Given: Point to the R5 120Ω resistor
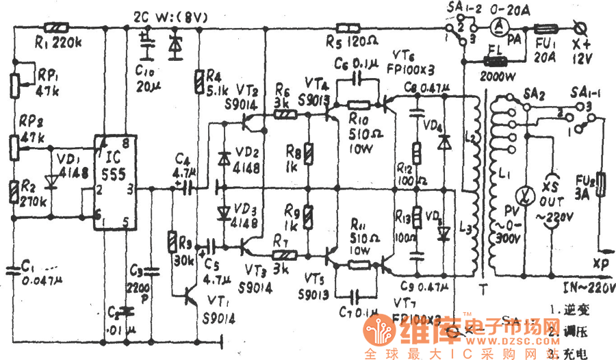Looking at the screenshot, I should pyautogui.click(x=348, y=29).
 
